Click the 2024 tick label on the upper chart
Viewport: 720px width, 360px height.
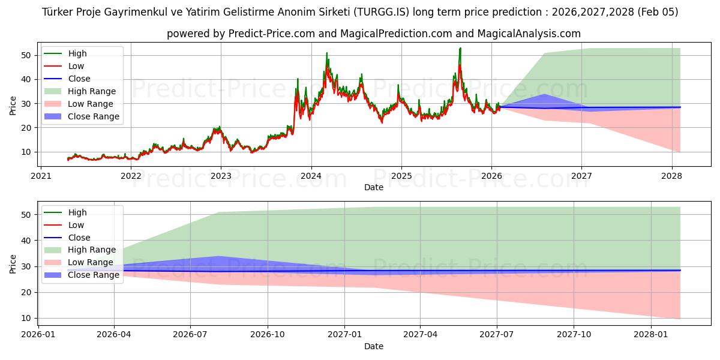pyautogui.click(x=311, y=176)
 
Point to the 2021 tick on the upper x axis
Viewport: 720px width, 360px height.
pyautogui.click(x=41, y=176)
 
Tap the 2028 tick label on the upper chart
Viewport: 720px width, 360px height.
pyautogui.click(x=671, y=176)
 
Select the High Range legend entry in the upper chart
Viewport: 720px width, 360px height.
pyautogui.click(x=92, y=91)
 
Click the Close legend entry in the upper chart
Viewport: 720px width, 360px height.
pyautogui.click(x=79, y=79)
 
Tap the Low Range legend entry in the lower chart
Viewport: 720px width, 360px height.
pyautogui.click(x=90, y=262)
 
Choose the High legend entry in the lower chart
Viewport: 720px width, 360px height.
pyautogui.click(x=77, y=212)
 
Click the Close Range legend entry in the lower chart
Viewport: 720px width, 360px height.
pyautogui.click(x=94, y=275)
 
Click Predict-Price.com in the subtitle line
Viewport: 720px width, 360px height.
pyautogui.click(x=272, y=34)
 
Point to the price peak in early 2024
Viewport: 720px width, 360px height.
pyautogui.click(x=327, y=53)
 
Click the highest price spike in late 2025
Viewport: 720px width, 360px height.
pyautogui.click(x=460, y=48)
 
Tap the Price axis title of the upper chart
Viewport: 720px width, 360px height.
pyautogui.click(x=13, y=105)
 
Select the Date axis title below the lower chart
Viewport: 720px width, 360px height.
pyautogui.click(x=373, y=346)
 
